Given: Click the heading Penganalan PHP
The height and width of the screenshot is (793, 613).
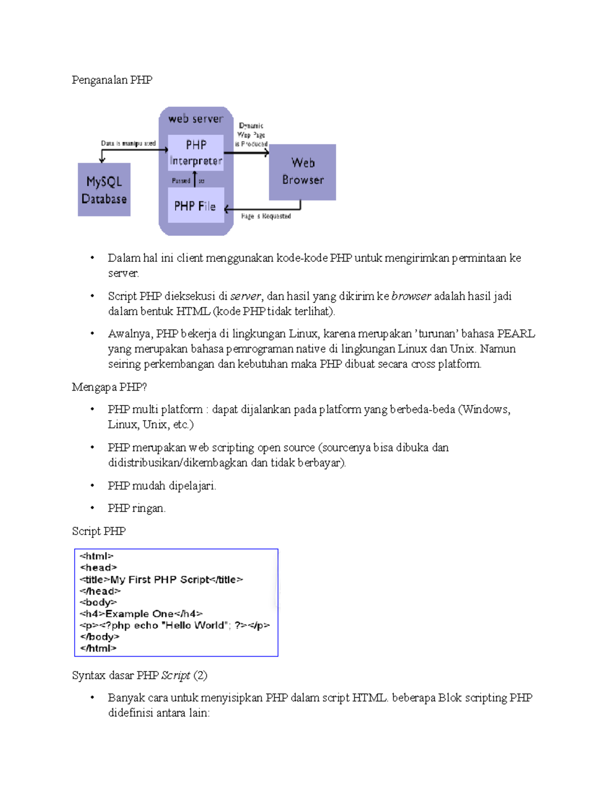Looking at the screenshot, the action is [x=112, y=80].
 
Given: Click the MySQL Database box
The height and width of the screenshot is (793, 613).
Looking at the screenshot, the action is [x=104, y=190].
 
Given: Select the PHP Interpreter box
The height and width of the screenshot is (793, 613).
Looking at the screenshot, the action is [x=196, y=153].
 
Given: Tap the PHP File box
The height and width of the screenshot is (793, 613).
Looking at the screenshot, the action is [x=195, y=206].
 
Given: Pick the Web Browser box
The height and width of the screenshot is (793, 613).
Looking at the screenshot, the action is [x=302, y=172].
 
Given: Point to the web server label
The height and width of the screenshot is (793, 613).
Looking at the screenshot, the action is [x=196, y=119].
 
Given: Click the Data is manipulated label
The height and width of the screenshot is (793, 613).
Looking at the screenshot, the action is [x=128, y=143].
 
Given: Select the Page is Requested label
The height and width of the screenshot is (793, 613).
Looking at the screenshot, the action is [x=266, y=217].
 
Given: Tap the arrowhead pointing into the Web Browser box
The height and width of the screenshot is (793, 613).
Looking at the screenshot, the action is [x=266, y=153].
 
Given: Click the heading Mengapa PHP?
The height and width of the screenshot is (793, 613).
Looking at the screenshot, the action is [x=109, y=387].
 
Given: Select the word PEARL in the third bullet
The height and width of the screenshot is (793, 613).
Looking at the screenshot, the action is [x=516, y=334].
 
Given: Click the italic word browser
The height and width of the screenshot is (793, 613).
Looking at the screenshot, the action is [x=411, y=296].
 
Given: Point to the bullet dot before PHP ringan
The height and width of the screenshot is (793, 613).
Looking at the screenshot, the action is [x=92, y=508].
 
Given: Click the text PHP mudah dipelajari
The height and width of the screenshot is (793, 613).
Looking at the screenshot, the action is [x=161, y=486].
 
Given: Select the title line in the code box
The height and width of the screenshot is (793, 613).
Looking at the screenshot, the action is [x=161, y=580].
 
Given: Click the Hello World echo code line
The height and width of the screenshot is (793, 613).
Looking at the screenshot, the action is [x=175, y=626].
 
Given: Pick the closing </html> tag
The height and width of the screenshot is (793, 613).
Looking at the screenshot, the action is [x=98, y=648].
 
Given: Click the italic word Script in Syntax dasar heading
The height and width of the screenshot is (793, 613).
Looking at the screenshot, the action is [x=176, y=676].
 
